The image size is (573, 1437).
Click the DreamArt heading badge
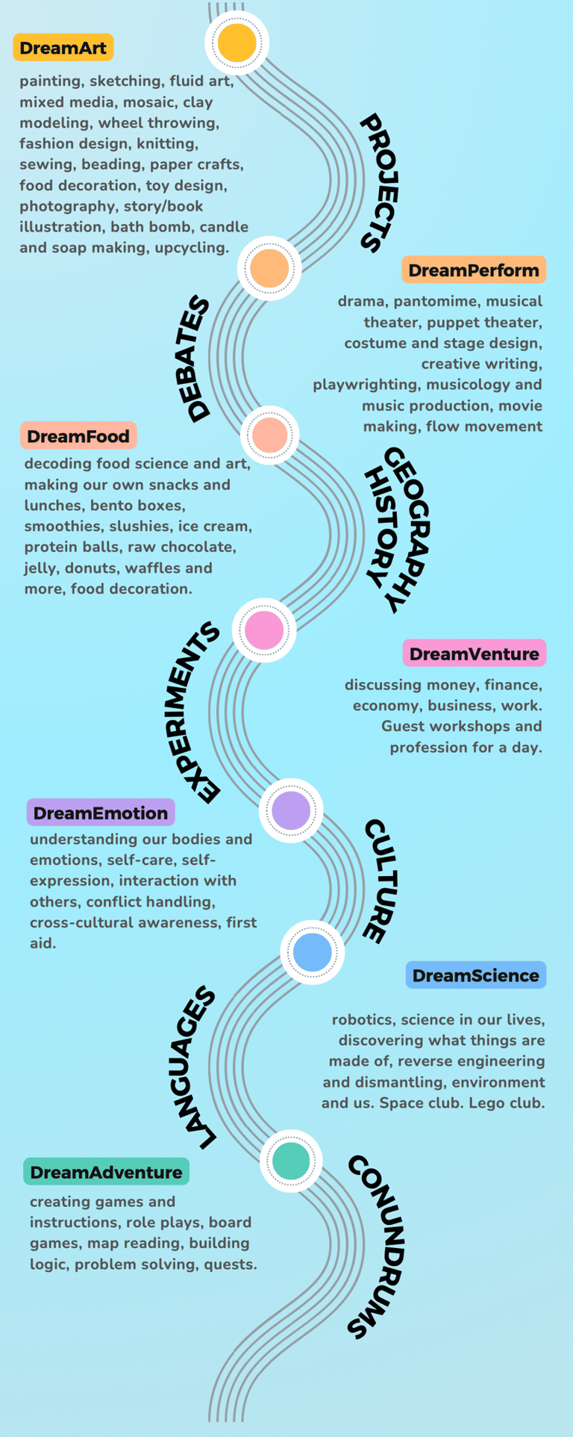(x=63, y=48)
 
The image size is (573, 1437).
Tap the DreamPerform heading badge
(x=474, y=270)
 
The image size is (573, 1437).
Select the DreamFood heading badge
(x=78, y=436)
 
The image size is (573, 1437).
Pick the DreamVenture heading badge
(x=474, y=654)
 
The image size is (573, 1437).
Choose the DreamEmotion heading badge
(x=101, y=813)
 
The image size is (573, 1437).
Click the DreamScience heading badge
(x=475, y=975)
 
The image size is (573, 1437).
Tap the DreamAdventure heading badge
(x=106, y=1172)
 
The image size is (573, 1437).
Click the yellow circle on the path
(x=237, y=43)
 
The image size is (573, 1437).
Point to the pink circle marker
(x=264, y=630)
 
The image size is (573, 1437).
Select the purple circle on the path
(x=291, y=810)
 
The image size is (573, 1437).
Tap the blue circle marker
(x=312, y=952)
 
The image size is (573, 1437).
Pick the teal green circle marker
(x=291, y=1161)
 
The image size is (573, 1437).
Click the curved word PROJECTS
(x=380, y=183)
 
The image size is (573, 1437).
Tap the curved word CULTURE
(x=381, y=881)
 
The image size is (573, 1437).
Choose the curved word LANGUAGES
(x=194, y=1068)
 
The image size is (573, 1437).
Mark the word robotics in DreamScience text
(x=361, y=1019)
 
